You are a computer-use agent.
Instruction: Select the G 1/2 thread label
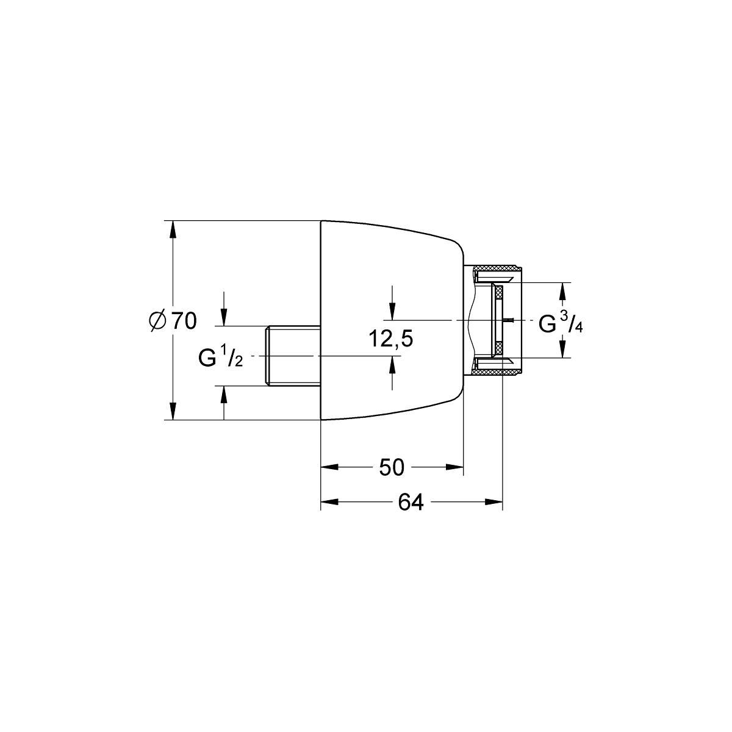coord(220,357)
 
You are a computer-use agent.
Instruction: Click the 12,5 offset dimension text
coord(391,339)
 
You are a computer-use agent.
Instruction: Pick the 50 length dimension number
coord(392,468)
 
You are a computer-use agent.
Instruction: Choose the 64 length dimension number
coord(411,503)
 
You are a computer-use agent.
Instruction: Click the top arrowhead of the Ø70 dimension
coord(173,229)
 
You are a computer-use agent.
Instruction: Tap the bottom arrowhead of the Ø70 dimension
coord(173,411)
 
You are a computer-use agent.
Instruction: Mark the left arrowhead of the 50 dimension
coord(329,467)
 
